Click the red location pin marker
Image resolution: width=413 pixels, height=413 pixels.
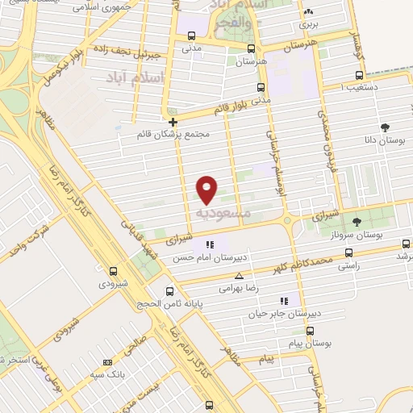[x=207, y=188]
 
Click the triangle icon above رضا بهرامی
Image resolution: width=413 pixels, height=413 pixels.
[x=227, y=277]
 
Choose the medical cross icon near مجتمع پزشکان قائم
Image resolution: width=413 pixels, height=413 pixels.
[x=173, y=123]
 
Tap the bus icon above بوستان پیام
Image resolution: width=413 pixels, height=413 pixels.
[x=311, y=331]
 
